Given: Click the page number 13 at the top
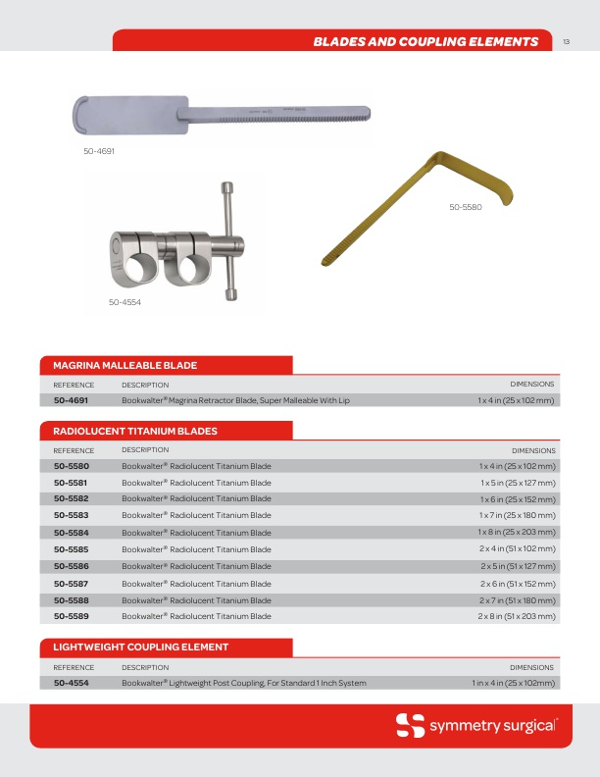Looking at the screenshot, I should point(568,41).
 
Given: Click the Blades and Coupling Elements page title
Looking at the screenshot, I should point(425,41).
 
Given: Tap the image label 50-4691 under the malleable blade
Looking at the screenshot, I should point(99,152).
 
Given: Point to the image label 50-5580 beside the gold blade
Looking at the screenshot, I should point(466,207).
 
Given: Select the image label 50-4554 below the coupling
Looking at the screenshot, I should point(125,302).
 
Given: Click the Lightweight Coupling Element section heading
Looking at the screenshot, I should point(140,647).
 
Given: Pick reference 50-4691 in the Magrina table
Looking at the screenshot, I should point(72,400).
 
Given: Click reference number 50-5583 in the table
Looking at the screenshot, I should point(72,515).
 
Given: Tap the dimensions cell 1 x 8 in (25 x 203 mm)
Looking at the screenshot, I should point(517,532).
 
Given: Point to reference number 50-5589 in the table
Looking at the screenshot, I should point(72,616).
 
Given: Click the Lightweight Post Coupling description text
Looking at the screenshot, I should point(243,683).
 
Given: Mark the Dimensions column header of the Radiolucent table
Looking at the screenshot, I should point(532,449).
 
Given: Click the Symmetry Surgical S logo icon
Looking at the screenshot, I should point(410,726).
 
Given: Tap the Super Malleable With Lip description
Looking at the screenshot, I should point(235,400).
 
